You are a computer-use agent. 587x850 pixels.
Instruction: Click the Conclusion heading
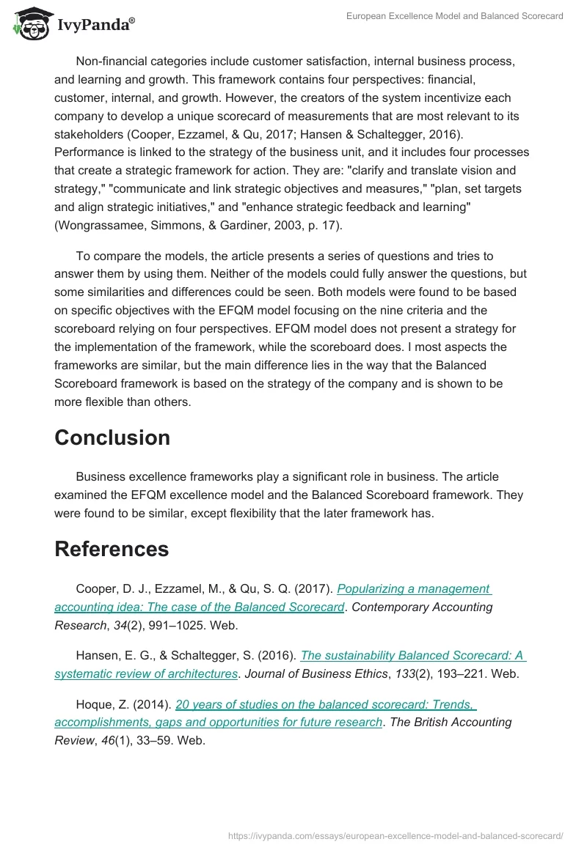coord(112,437)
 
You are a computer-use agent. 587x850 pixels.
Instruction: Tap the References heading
coord(112,549)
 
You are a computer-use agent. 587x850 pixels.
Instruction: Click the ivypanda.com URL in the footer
coord(395,835)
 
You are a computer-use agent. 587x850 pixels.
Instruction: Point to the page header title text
coord(455,15)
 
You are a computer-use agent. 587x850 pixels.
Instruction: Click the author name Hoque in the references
coord(95,704)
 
